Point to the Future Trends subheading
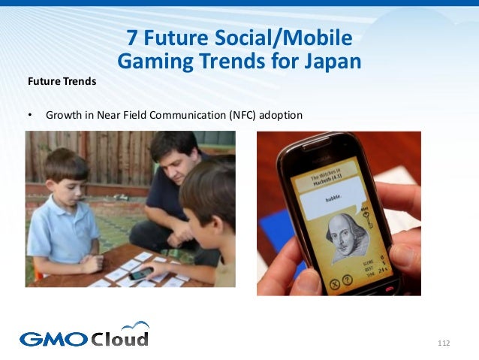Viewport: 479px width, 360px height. pos(62,81)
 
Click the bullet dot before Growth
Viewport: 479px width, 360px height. pos(30,116)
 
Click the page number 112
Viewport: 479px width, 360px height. pos(443,343)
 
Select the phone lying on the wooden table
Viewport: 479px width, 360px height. pos(140,274)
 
